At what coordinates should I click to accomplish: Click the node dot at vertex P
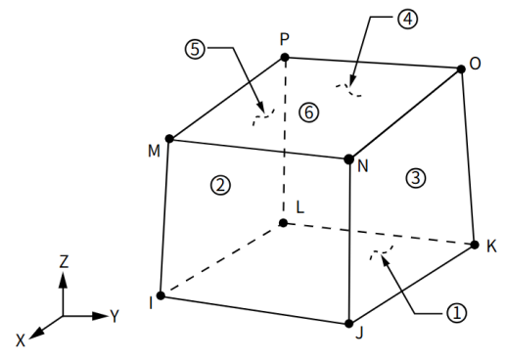click(x=285, y=58)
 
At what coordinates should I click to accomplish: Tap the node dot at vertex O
click(x=461, y=69)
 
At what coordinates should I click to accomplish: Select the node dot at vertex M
click(x=169, y=139)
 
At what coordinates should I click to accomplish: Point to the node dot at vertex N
click(x=348, y=159)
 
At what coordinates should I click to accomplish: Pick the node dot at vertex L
click(x=283, y=223)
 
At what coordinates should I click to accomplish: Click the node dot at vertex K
click(x=475, y=245)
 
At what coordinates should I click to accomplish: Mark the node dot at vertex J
click(x=349, y=324)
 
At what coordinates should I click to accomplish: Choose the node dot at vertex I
click(x=161, y=295)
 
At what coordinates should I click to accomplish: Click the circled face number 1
click(x=457, y=313)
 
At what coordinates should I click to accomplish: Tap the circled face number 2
click(x=221, y=186)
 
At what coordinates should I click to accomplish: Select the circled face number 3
click(x=416, y=178)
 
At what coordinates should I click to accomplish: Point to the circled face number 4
click(x=407, y=20)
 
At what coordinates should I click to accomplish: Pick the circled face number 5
click(x=195, y=50)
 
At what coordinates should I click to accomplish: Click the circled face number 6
click(x=308, y=112)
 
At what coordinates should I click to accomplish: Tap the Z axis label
click(x=64, y=261)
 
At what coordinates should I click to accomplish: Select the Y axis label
click(x=115, y=316)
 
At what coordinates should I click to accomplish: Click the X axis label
click(x=21, y=340)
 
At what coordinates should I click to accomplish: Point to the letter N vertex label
click(x=363, y=166)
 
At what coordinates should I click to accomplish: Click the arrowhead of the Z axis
click(x=63, y=280)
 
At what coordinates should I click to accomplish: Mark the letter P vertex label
click(x=285, y=40)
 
